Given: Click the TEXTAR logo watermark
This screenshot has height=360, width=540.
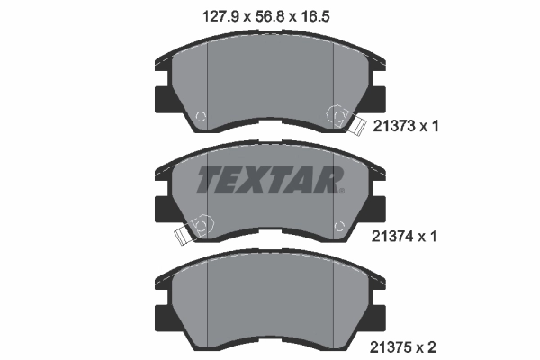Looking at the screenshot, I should pyautogui.click(x=269, y=180).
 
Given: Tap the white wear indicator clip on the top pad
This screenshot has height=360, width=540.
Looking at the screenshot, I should pyautogui.click(x=356, y=124).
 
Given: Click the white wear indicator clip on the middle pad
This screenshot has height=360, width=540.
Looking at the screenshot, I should pyautogui.click(x=183, y=236).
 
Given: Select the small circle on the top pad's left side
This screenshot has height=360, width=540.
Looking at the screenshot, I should pyautogui.click(x=201, y=114).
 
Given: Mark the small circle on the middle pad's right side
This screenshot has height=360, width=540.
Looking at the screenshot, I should pyautogui.click(x=338, y=224).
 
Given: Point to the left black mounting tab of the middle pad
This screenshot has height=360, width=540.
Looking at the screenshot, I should pyautogui.click(x=163, y=207).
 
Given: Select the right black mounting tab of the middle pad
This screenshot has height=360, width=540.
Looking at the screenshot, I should pyautogui.click(x=377, y=207).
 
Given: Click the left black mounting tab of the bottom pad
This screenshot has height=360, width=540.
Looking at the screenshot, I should pyautogui.click(x=163, y=315).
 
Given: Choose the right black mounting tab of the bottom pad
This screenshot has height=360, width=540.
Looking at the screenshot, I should pyautogui.click(x=377, y=315).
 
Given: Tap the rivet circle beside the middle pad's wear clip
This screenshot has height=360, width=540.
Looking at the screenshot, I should pyautogui.click(x=202, y=223).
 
